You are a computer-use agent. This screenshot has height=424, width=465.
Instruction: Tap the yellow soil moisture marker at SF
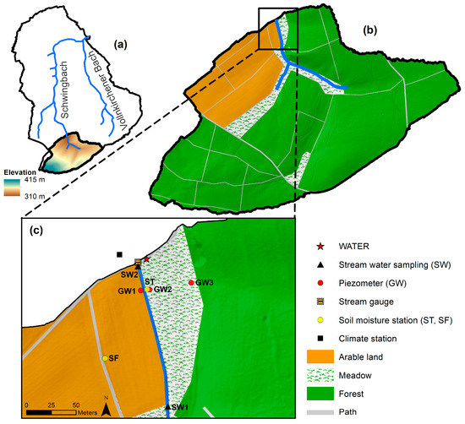(x=105, y=359)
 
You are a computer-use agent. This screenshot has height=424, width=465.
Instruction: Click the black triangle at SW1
(x=167, y=406)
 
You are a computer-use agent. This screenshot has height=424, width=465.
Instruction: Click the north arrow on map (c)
(x=107, y=408)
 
